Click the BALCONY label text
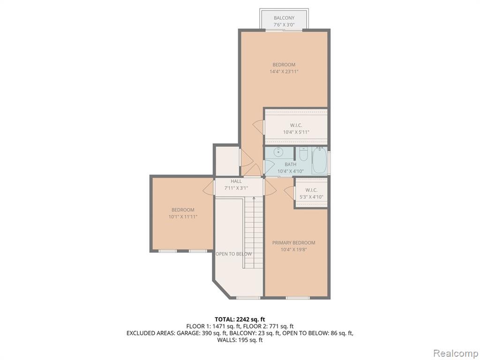pyautogui.click(x=284, y=18)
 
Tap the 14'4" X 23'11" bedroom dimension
pyautogui.click(x=284, y=72)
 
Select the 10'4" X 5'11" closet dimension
pyautogui.click(x=296, y=132)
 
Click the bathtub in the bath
pyautogui.click(x=319, y=160)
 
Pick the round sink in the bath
pyautogui.click(x=278, y=151)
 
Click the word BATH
pyautogui.click(x=290, y=165)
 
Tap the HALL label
pyautogui.click(x=236, y=181)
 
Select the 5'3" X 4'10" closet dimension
pyautogui.click(x=311, y=197)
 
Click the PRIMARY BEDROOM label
pyautogui.click(x=293, y=243)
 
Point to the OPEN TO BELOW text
pyautogui.click(x=233, y=254)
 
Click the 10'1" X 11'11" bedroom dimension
pyautogui.click(x=183, y=217)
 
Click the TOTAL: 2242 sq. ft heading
pyautogui.click(x=240, y=320)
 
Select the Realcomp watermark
pyautogui.click(x=456, y=353)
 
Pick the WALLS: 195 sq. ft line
pyautogui.click(x=240, y=340)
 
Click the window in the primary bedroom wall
pyautogui.click(x=298, y=298)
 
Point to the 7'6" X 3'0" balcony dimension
pyautogui.click(x=284, y=25)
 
